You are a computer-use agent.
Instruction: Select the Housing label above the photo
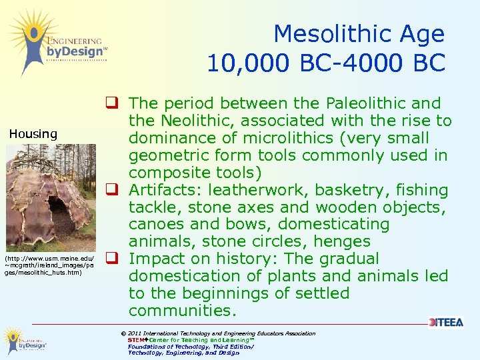[x=33, y=134]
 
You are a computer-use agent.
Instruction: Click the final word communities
[x=181, y=311]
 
